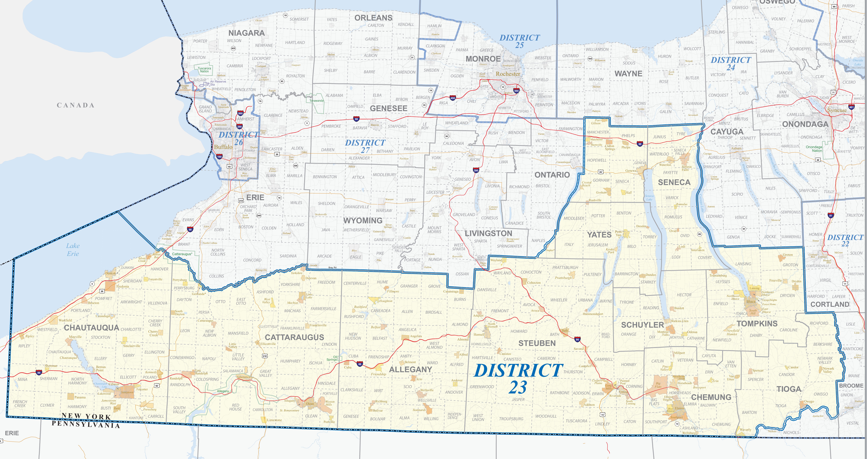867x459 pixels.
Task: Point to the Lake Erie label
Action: [x=73, y=250]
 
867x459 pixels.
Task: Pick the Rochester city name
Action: [x=508, y=74]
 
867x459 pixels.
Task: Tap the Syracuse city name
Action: [x=837, y=110]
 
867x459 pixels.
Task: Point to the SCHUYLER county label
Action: [x=642, y=325]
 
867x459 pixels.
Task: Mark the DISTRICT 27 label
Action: [x=365, y=146]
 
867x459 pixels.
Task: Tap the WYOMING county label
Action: [x=363, y=220]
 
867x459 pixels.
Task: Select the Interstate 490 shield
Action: [x=453, y=98]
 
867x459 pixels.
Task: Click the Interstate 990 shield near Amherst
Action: [x=240, y=113]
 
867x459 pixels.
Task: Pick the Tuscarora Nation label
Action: [x=204, y=70]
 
